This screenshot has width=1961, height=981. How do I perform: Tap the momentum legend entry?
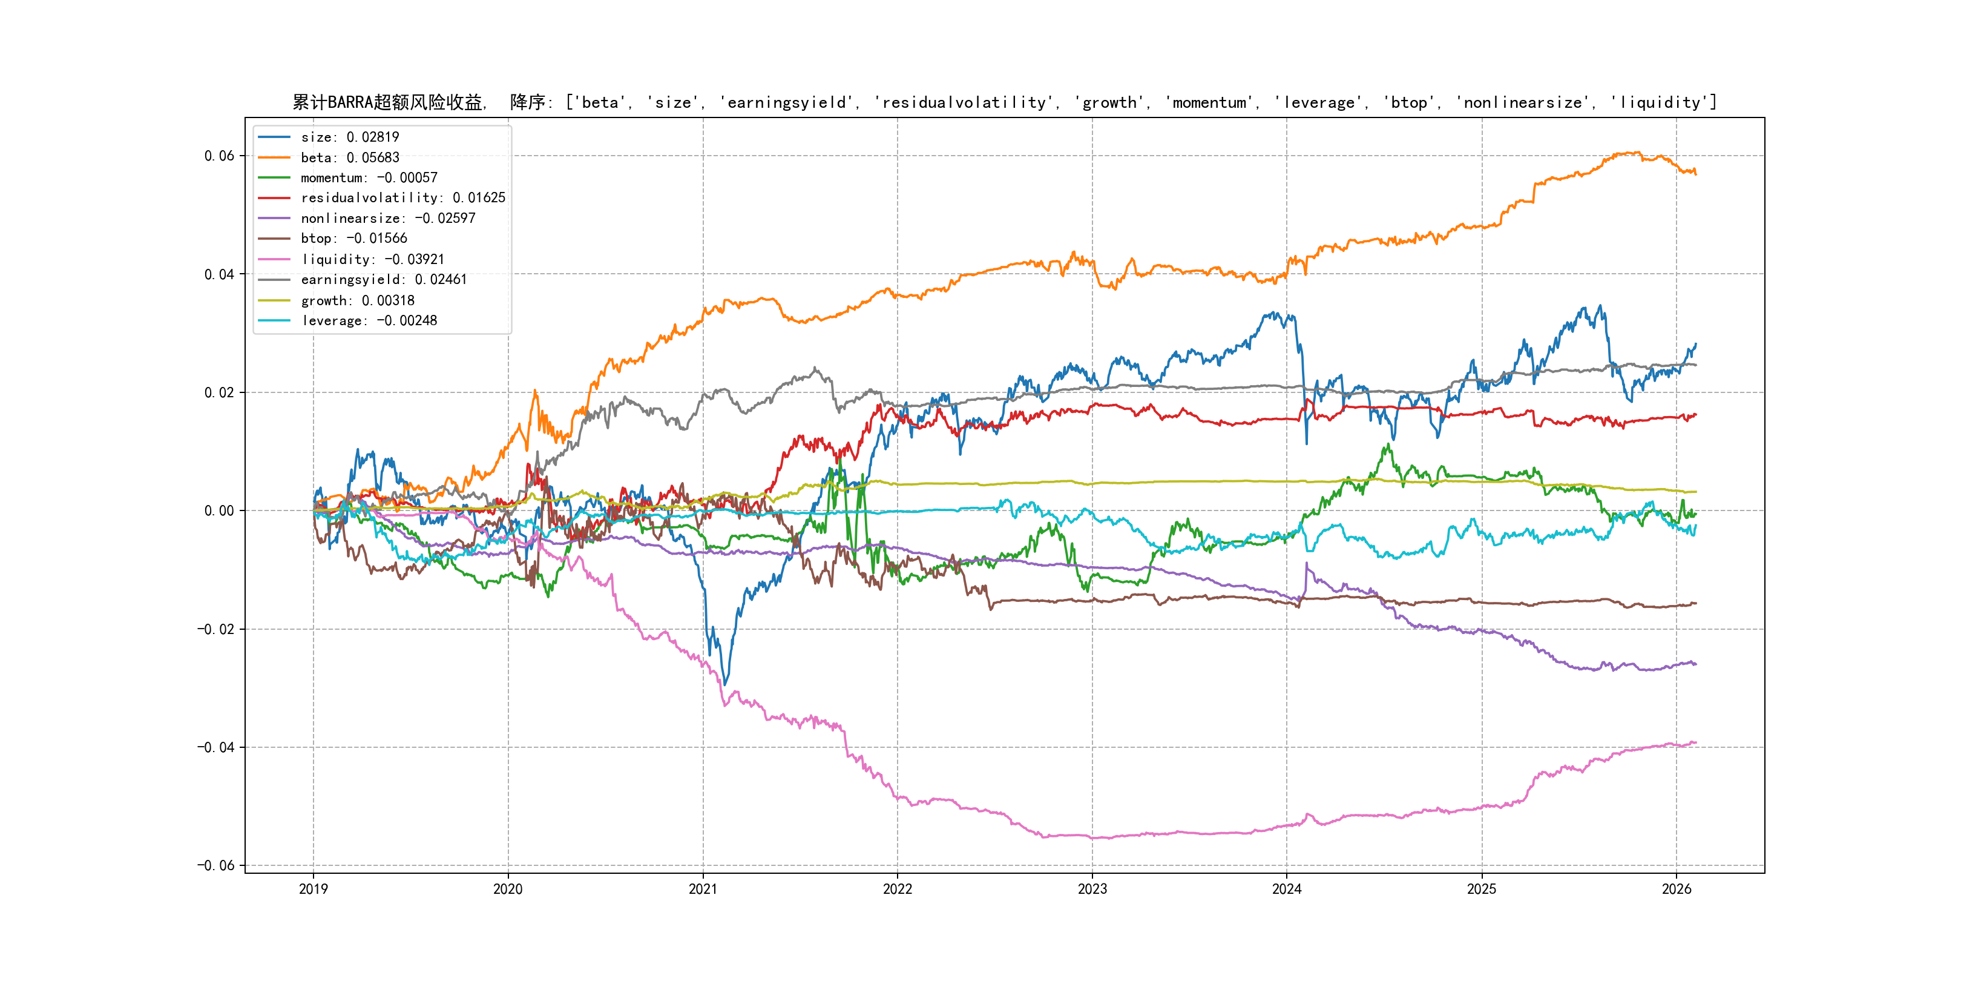tap(369, 177)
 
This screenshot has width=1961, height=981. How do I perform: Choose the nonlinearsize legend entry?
tap(387, 219)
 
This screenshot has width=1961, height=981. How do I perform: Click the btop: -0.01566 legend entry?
tap(353, 239)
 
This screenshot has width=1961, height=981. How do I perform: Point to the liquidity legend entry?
tap(372, 260)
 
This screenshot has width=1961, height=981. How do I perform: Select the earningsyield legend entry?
tap(384, 280)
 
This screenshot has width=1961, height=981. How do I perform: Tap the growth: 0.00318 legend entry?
tap(357, 301)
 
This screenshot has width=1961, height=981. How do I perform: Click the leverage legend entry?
tap(369, 321)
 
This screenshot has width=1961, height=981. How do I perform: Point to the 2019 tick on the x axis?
tap(314, 889)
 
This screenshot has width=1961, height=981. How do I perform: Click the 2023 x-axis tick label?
tap(1092, 889)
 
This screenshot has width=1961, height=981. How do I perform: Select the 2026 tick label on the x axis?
tap(1677, 889)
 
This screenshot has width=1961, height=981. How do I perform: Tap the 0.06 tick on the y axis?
tap(219, 156)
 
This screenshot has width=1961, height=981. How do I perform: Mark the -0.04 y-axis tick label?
tap(216, 747)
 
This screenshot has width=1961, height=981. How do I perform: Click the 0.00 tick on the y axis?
tap(219, 511)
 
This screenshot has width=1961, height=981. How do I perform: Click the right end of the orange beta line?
tap(1695, 174)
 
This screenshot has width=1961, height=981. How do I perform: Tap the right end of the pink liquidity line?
tap(1695, 742)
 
